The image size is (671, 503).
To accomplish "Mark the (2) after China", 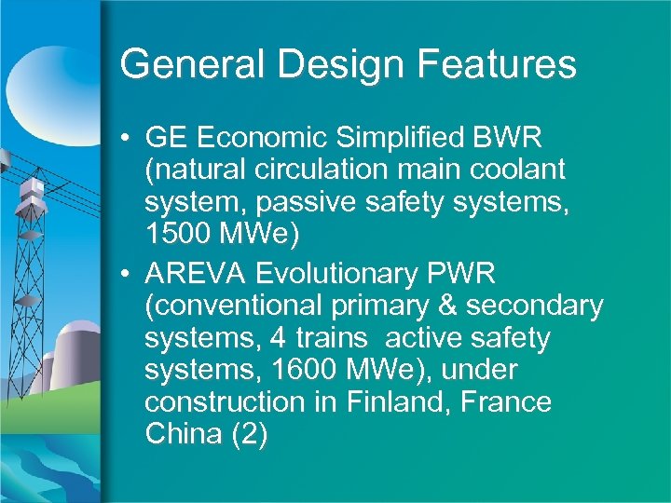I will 249,435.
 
